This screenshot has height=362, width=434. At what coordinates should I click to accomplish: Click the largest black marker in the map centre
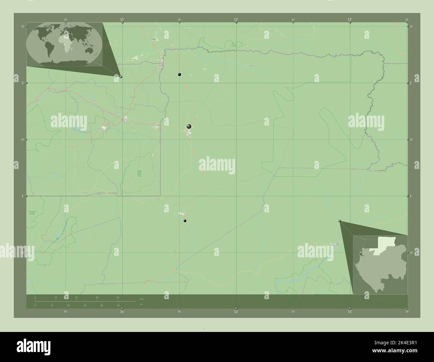189,126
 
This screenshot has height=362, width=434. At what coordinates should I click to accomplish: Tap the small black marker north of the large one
180,74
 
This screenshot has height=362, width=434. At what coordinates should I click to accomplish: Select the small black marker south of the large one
185,221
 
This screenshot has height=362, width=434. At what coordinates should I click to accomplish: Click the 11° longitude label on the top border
123,20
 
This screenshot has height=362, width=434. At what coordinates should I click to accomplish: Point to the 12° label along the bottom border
236,312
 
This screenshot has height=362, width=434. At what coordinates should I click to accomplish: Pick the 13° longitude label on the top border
350,20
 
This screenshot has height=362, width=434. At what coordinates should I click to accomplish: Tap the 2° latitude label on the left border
22,83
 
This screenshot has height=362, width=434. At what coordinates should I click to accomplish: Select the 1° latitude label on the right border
411,196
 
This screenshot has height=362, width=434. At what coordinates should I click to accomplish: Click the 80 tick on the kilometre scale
118,298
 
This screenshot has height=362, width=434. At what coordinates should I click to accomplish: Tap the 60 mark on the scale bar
97,298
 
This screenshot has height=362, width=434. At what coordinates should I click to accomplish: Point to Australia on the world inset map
89,50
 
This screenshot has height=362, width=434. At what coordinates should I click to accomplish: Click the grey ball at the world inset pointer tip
121,77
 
